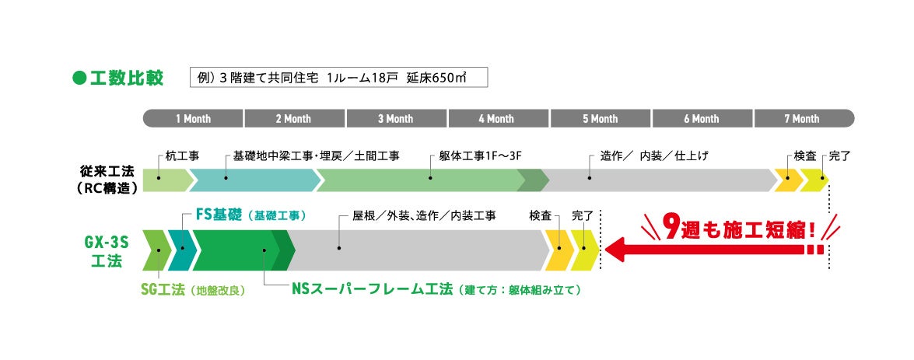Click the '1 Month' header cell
point(193,118)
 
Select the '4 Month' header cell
point(496,118)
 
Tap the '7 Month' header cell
point(801,118)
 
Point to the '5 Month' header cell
point(599,118)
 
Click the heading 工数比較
point(127,78)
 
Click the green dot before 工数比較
point(78,78)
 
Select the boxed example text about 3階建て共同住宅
point(338,78)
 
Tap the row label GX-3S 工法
point(107,251)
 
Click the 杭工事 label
point(183,156)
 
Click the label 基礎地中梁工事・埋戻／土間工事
point(317,156)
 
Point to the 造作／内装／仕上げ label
point(654,156)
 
